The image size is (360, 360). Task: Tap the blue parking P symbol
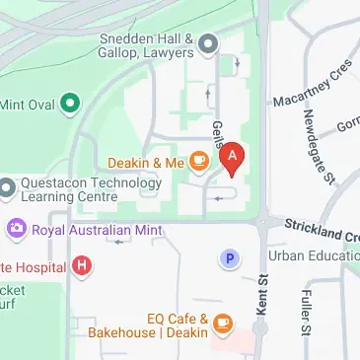[230, 257]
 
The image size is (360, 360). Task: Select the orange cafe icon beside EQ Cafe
[222, 323]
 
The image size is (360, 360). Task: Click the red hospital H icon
[83, 266]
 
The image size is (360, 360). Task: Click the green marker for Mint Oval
[69, 101]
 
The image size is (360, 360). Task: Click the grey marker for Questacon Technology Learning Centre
[6, 186]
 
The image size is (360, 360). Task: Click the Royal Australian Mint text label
[95, 230]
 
